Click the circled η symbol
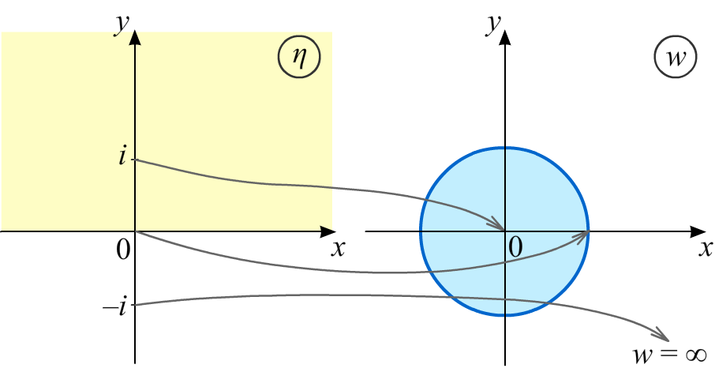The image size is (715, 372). pos(299,58)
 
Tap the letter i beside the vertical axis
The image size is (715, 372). pos(122,156)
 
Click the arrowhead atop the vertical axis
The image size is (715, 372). pos(135,36)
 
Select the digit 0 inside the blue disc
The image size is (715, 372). pos(515,248)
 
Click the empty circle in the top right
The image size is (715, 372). pos(676,57)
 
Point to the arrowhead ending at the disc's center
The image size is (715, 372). pos(499,225)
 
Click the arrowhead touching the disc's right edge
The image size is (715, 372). pos(583,235)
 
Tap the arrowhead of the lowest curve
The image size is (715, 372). pos(663,336)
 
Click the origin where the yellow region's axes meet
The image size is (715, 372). pos(135,231)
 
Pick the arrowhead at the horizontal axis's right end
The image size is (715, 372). pos(326,229)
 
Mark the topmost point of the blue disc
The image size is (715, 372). pos(505,148)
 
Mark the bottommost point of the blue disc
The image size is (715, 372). pos(505,315)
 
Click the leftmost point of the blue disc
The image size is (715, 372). pos(421,231)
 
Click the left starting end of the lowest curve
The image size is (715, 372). pos(133,305)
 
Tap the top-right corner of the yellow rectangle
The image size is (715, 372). pos(331,32)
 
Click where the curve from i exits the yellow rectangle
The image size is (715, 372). pos(331,187)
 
